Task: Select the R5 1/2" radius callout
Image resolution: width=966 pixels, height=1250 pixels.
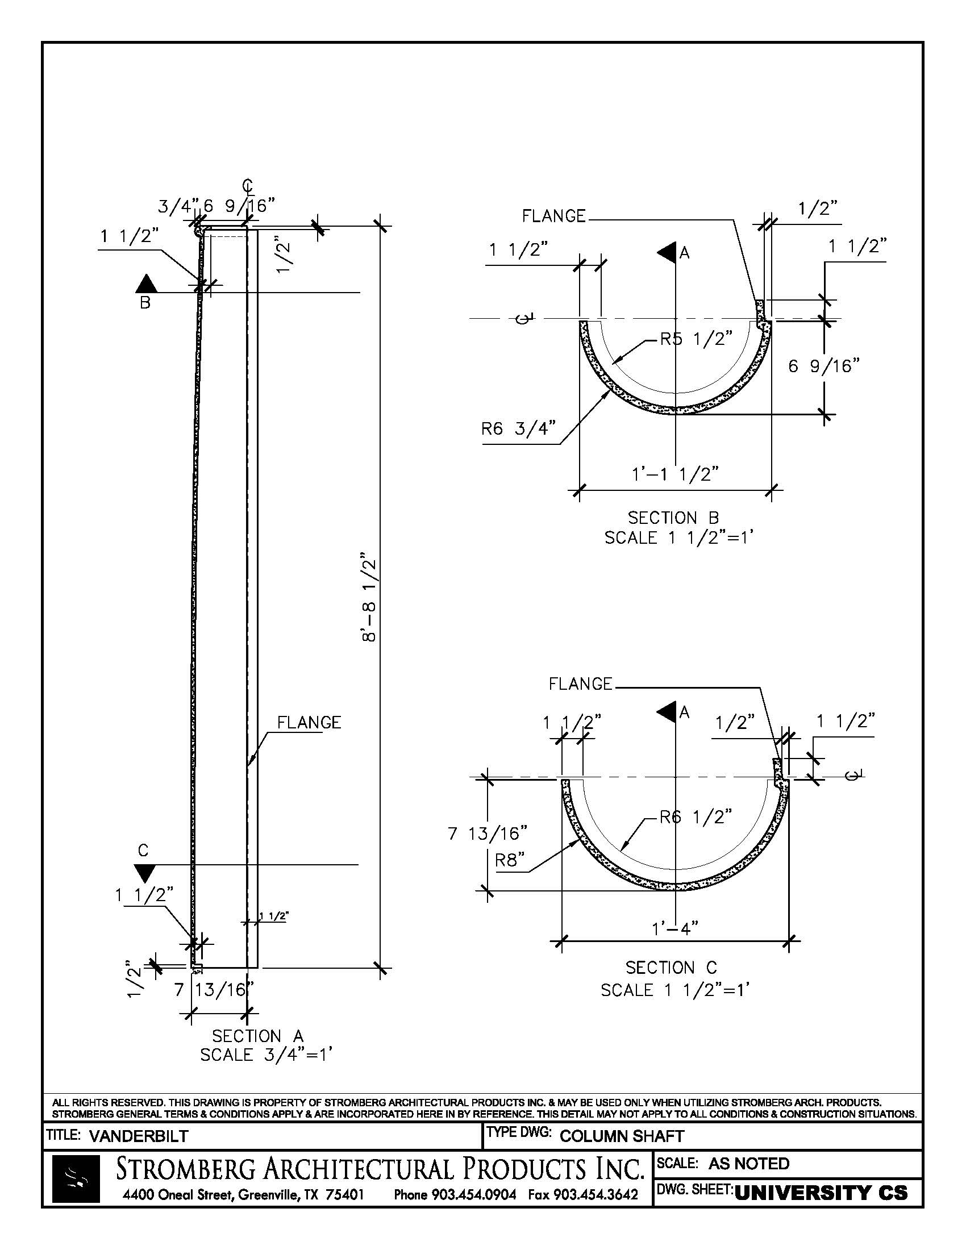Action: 696,339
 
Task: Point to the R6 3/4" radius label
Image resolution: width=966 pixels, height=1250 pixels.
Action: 518,428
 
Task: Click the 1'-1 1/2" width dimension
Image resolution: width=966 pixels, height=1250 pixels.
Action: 674,474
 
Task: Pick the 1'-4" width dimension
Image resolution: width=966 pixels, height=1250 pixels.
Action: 674,928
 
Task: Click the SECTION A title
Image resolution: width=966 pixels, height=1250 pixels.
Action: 257,1035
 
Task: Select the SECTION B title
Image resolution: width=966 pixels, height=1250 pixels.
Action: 673,518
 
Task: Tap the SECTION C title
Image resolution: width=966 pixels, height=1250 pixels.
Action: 671,968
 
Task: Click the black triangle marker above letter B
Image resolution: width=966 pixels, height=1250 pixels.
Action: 146,284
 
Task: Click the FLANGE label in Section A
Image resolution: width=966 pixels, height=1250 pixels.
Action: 309,723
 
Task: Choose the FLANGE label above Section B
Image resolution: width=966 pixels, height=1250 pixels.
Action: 553,216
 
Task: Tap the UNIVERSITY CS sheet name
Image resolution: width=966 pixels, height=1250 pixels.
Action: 821,1192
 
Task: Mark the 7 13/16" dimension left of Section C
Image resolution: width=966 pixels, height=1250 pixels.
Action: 487,834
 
